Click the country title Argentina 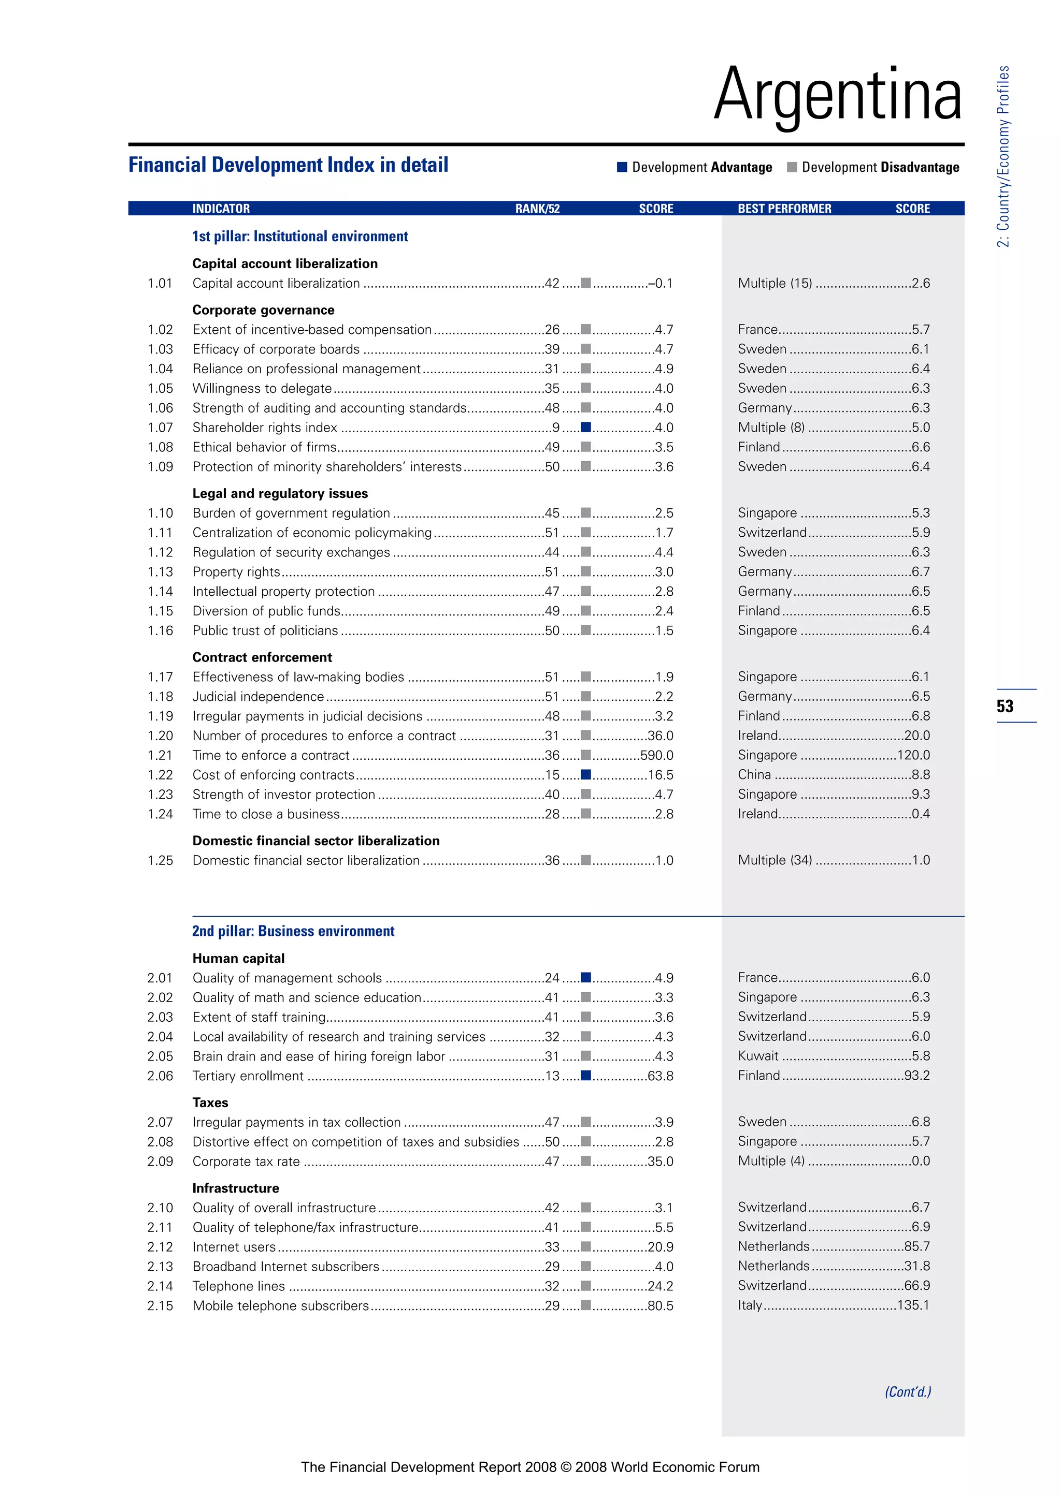click(x=838, y=95)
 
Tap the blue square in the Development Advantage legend click(x=622, y=167)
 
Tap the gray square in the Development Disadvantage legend click(x=792, y=167)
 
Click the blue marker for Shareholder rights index click(x=585, y=428)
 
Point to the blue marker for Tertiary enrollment click(x=585, y=1075)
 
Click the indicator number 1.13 click(x=160, y=572)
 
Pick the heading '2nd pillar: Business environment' click(x=293, y=931)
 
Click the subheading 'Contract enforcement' click(x=262, y=657)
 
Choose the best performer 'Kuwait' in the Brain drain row click(x=758, y=1056)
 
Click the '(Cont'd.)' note click(x=908, y=1392)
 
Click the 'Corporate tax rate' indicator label click(x=246, y=1162)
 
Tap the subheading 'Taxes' click(x=210, y=1103)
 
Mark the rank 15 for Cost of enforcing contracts click(x=552, y=775)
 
